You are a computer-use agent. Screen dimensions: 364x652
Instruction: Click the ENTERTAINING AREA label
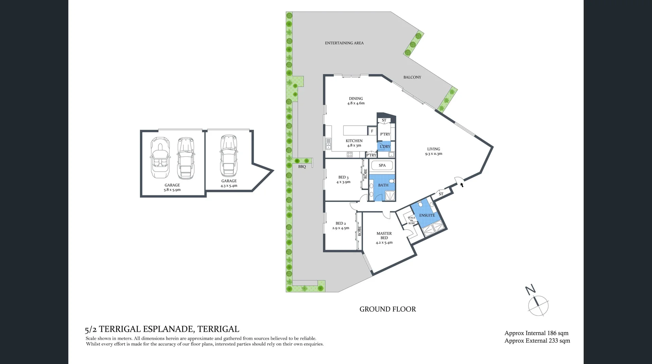pos(344,43)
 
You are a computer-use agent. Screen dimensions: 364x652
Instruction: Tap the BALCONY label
pos(412,77)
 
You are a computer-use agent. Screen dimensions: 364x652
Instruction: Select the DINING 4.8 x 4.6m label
pos(356,101)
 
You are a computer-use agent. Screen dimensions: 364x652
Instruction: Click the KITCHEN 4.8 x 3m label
pos(354,143)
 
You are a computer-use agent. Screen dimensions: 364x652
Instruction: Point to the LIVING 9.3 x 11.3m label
pos(433,151)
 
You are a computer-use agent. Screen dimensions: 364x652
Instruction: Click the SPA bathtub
pos(382,166)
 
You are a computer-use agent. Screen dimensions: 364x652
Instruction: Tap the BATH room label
pos(383,185)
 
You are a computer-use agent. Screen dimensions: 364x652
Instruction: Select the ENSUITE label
pos(427,215)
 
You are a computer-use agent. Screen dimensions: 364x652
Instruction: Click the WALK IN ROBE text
pos(412,221)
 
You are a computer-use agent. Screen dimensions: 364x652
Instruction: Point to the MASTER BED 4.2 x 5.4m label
pos(384,238)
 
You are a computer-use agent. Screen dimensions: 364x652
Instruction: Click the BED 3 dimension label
pos(343,180)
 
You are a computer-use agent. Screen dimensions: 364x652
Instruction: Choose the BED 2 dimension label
pos(341,226)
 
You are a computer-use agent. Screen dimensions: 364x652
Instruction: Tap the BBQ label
pos(302,167)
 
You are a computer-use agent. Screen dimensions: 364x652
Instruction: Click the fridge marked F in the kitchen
pos(372,131)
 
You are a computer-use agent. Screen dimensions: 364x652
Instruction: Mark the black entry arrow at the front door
pos(461,185)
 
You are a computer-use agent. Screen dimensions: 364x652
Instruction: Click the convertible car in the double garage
pos(159,158)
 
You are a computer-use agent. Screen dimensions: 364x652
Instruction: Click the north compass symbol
pos(538,304)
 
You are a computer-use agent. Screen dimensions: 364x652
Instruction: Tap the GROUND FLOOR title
pos(387,309)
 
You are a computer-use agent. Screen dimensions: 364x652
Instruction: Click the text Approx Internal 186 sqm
pos(536,333)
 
